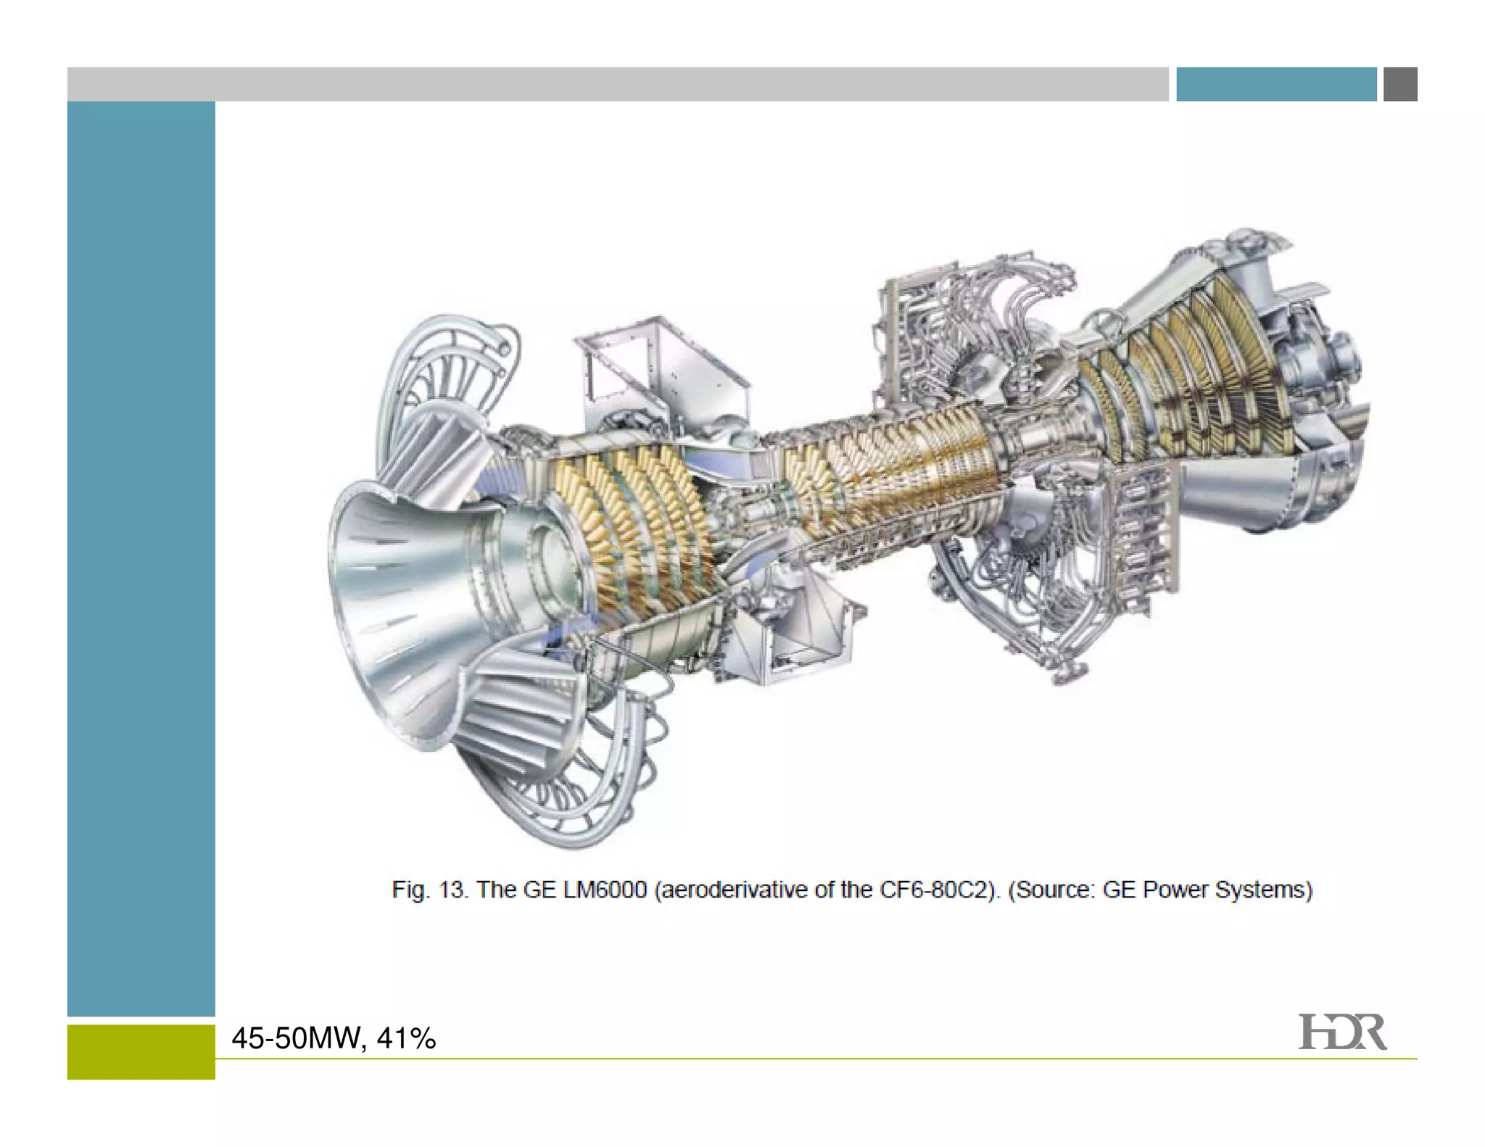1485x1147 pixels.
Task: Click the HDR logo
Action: click(1341, 1032)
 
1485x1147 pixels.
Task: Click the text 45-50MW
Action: click(296, 1038)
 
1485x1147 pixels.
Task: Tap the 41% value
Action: click(406, 1038)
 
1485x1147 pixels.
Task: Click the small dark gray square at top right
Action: click(1399, 84)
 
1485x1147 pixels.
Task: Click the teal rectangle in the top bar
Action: click(1275, 84)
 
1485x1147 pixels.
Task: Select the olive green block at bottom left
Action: click(141, 1051)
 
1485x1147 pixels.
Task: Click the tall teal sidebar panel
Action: click(141, 558)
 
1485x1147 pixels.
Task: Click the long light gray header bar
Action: click(616, 84)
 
